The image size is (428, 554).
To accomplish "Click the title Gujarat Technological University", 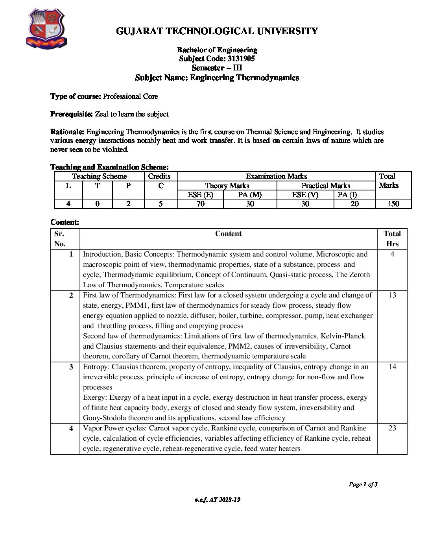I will click(x=217, y=31).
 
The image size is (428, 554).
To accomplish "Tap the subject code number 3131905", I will click(x=241, y=59).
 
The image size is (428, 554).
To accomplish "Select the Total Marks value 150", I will click(x=393, y=204).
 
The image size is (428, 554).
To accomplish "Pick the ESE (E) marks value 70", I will click(x=201, y=204).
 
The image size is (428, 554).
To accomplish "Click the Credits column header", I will click(x=159, y=176).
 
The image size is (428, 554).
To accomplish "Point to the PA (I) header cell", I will click(x=347, y=195).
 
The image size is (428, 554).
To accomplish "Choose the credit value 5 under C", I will click(x=161, y=204).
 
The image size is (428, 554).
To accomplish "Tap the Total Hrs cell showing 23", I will click(x=392, y=428).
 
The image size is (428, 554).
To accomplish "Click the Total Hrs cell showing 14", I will click(x=392, y=367).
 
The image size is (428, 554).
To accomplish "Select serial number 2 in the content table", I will click(x=71, y=295).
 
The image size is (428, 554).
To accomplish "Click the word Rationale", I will click(x=67, y=132).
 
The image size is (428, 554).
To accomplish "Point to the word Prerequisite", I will click(x=72, y=114).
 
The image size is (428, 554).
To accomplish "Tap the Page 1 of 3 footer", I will click(x=363, y=484).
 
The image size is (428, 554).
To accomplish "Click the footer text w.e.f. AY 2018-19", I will click(x=217, y=500).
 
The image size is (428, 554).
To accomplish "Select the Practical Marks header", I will click(x=326, y=186).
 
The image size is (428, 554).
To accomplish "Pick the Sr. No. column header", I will click(x=60, y=238).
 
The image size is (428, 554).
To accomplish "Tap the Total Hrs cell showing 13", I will click(x=392, y=295).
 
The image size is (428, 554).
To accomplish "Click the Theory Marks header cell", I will click(x=227, y=186).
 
